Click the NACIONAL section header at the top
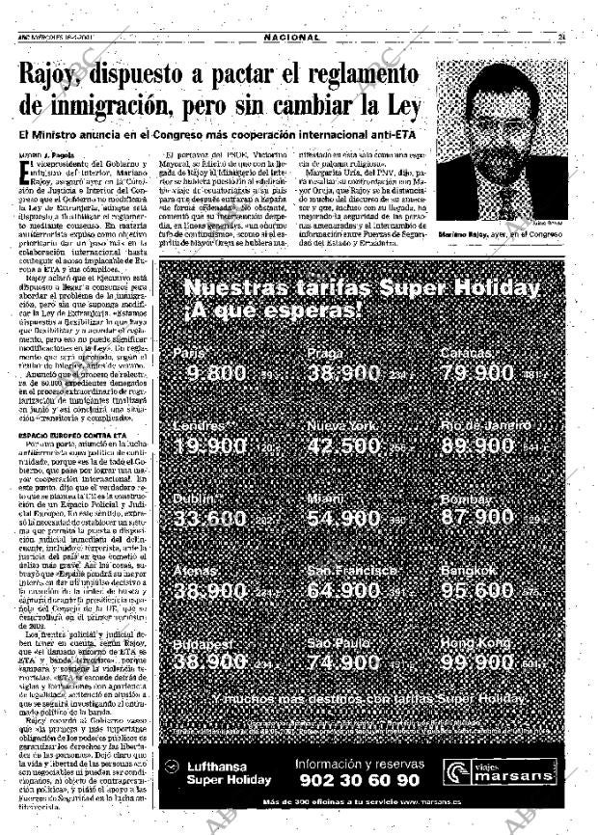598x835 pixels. (291, 37)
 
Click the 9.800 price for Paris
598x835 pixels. (217, 346)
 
